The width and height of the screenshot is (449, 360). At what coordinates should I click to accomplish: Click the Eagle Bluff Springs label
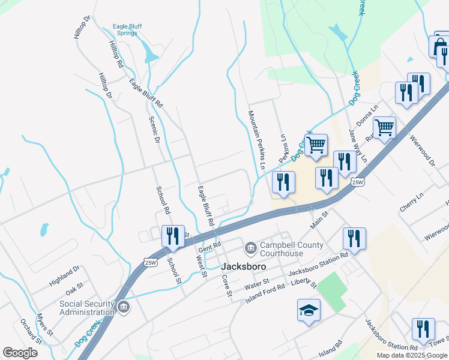point(126,30)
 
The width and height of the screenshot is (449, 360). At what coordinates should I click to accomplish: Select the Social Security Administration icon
point(124,308)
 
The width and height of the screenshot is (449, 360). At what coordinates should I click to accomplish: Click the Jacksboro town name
point(244,266)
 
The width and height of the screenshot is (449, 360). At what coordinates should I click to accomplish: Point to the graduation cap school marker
point(309,310)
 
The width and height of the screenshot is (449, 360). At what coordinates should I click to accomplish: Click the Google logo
point(20,353)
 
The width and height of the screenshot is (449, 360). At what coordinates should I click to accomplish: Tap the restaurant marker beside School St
point(173,236)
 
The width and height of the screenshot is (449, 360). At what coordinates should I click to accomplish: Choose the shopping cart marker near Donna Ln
point(384,127)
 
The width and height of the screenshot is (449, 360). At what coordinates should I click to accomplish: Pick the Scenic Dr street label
point(154,127)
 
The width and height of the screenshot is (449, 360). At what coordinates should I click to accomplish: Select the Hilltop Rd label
point(116,53)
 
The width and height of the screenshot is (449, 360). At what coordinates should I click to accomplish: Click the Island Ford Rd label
point(265,293)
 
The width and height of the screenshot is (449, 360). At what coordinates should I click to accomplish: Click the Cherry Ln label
point(412,202)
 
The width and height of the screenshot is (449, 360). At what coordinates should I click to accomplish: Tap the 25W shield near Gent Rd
point(150,261)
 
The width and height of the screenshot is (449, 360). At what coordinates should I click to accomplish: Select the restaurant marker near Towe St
point(423,329)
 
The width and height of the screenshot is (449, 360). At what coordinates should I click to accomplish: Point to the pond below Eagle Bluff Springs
point(150,56)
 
